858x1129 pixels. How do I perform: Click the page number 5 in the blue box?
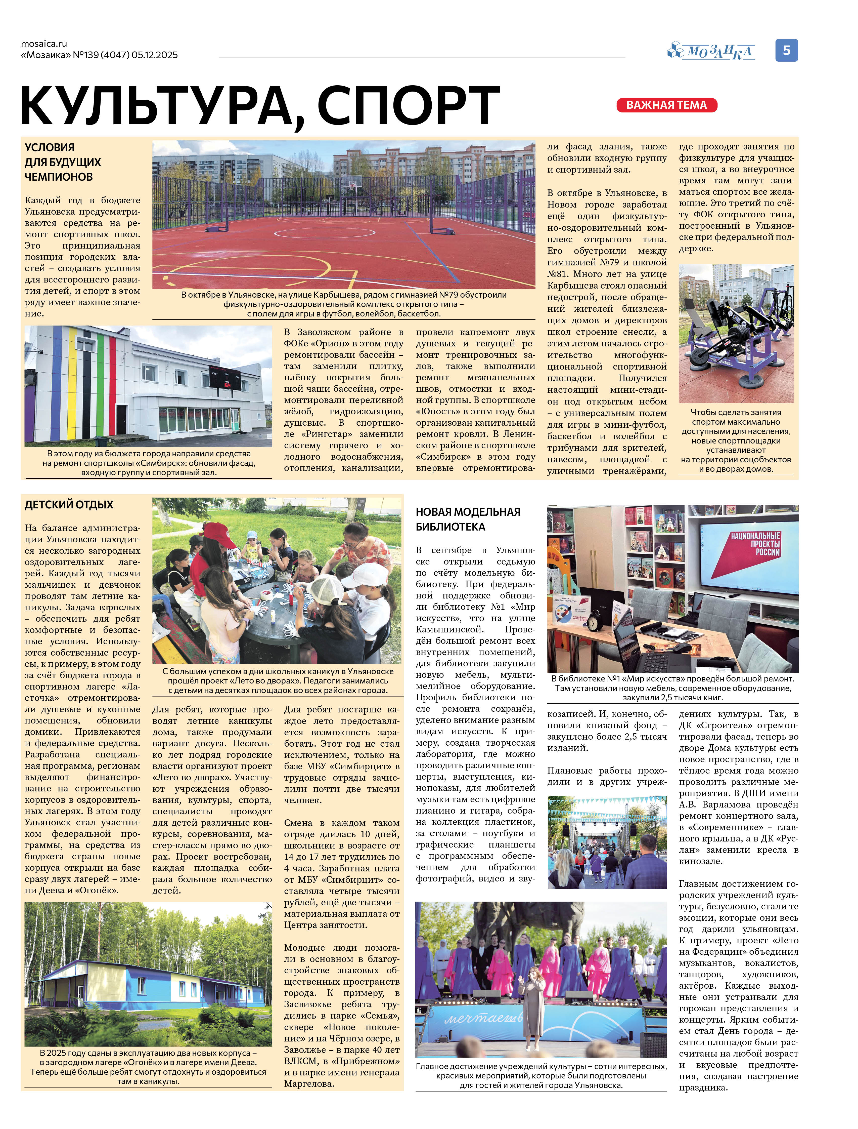tap(787, 50)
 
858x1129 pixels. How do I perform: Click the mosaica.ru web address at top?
tap(44, 44)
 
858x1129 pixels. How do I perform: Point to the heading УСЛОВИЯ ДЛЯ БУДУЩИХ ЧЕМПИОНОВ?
tap(63, 162)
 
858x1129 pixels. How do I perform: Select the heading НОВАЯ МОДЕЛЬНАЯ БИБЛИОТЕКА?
tap(468, 519)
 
